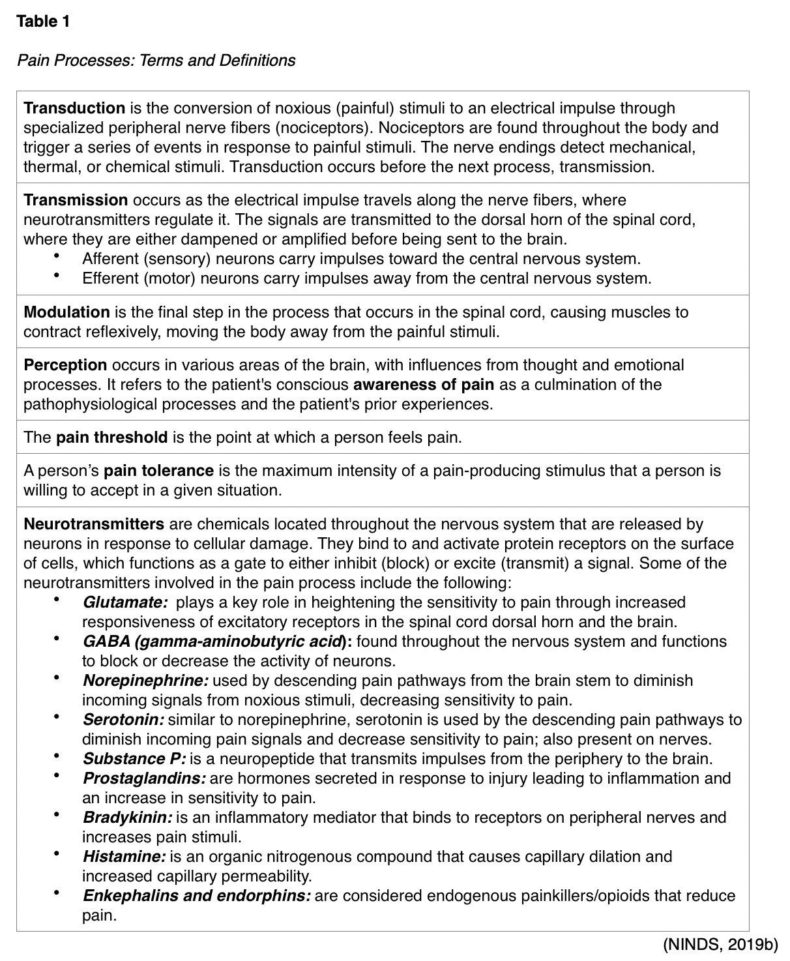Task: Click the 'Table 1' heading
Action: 43,22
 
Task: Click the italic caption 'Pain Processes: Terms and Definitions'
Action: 156,61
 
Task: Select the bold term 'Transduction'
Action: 74,108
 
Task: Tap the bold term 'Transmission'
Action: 76,200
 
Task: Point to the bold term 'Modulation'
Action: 66,312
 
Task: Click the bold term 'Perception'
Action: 65,365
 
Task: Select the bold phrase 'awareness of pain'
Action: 423,385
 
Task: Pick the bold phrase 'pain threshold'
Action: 111,437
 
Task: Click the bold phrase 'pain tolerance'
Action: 158,471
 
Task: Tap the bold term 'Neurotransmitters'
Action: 94,524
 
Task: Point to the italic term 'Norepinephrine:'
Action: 145,681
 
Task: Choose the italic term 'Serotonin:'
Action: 123,720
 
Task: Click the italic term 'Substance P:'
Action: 134,759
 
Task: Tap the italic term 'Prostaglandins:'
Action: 145,778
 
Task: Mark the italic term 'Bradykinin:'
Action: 127,818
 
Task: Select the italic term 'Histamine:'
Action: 124,857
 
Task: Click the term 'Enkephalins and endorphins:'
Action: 197,896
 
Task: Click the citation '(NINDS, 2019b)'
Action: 720,944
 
